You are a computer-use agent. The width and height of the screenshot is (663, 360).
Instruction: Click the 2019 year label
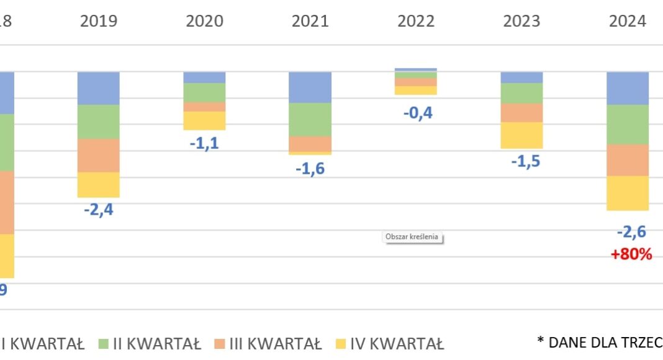tap(99, 22)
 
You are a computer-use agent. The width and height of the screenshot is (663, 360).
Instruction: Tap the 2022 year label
tap(416, 22)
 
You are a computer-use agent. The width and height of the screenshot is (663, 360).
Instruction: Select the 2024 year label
tap(628, 22)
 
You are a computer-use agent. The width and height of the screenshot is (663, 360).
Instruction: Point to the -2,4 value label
tap(99, 209)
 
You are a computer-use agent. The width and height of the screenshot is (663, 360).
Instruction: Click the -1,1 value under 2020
tap(204, 143)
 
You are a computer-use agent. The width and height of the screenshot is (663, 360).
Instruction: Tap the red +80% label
tap(631, 254)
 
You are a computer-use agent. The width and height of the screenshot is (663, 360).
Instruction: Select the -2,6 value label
tap(631, 232)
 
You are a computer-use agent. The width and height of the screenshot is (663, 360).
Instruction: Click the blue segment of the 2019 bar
tap(98, 88)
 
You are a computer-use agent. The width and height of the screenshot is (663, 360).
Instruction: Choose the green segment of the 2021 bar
tap(310, 119)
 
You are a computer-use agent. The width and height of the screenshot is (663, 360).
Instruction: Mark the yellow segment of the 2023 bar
tap(521, 135)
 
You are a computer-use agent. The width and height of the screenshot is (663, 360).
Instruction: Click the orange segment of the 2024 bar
tap(628, 160)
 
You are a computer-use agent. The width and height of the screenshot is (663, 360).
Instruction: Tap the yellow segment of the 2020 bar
tap(204, 120)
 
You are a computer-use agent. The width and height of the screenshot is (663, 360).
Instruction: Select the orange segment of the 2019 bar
tap(98, 155)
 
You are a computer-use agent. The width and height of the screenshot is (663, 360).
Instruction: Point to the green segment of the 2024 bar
tap(628, 124)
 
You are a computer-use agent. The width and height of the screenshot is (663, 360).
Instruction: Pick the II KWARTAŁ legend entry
tap(151, 344)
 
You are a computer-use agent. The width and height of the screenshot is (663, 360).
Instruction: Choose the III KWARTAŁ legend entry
tap(269, 344)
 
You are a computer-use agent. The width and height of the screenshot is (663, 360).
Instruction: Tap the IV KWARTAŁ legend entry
tap(390, 344)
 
